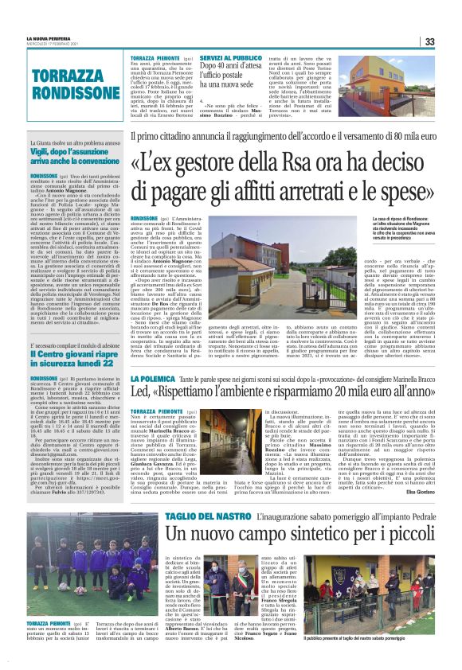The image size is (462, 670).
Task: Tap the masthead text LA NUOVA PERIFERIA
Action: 47,37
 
